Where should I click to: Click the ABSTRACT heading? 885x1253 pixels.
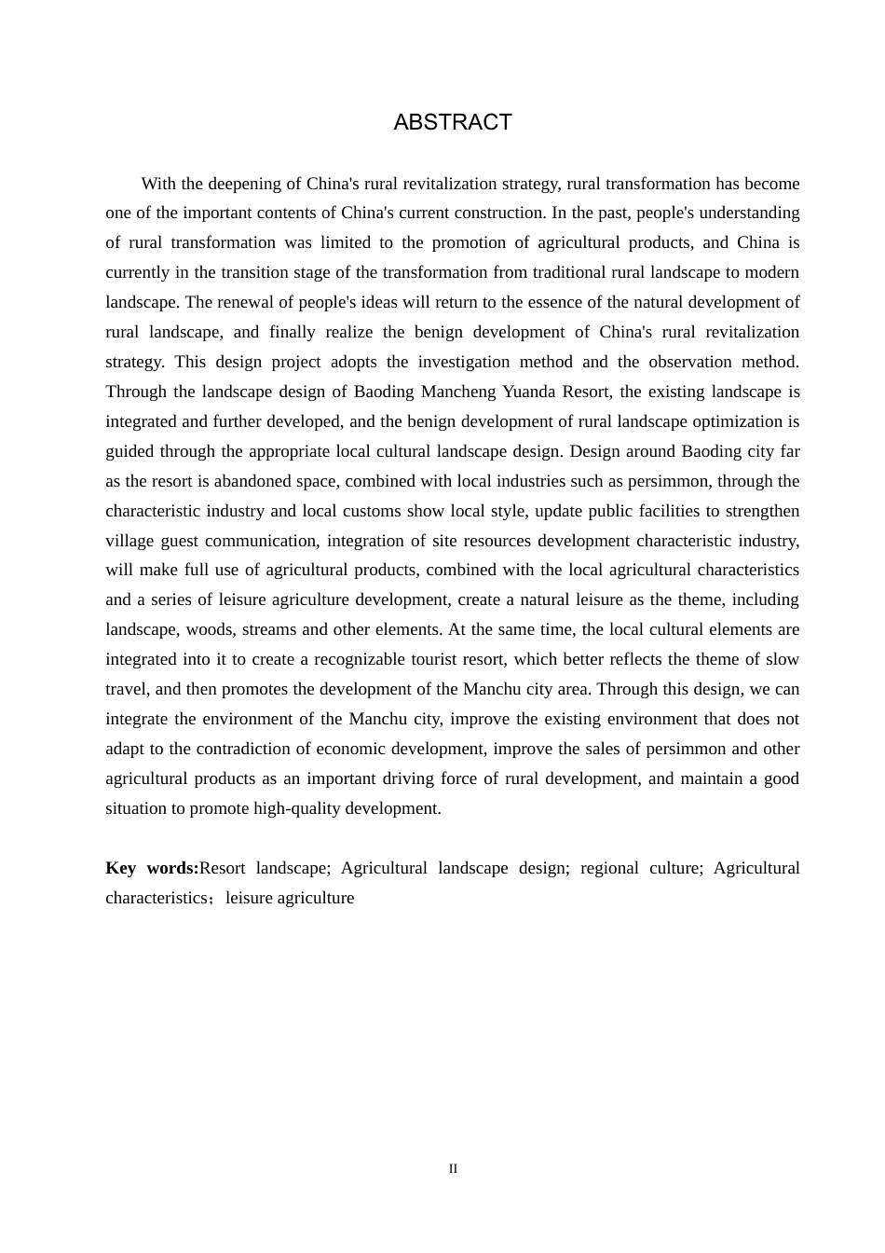pos(453,123)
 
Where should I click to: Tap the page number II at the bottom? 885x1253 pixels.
pos(453,1169)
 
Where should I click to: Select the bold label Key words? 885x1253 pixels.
pos(152,868)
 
